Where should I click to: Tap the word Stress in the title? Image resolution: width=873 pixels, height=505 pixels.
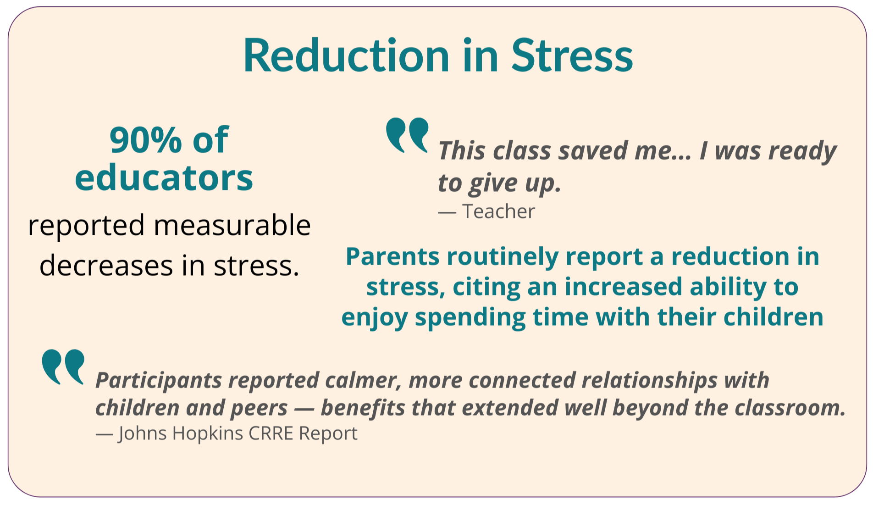pyautogui.click(x=572, y=55)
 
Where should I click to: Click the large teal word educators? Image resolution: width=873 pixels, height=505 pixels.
pyautogui.click(x=164, y=178)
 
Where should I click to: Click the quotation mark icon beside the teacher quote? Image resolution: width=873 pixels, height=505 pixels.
pyautogui.click(x=407, y=135)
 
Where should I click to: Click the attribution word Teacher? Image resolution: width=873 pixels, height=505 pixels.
pyautogui.click(x=498, y=211)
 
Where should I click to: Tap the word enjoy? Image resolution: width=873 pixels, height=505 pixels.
pyautogui.click(x=374, y=318)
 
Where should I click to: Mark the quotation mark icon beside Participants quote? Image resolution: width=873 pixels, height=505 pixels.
pyautogui.click(x=63, y=366)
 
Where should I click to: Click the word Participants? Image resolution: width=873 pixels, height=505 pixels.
pyautogui.click(x=159, y=381)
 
